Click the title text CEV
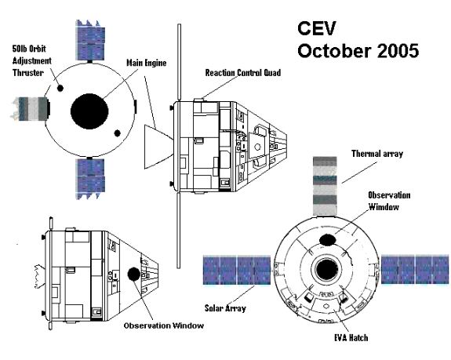(x=316, y=28)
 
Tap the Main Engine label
(x=147, y=63)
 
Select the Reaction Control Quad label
(x=243, y=73)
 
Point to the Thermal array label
(x=377, y=154)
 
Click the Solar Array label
(x=225, y=308)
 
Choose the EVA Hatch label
(x=351, y=337)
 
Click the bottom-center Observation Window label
(x=164, y=325)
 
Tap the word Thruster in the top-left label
(x=28, y=73)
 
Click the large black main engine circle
(x=89, y=111)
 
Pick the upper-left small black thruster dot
(x=60, y=88)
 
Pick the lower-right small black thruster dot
(x=118, y=133)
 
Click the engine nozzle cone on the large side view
(x=158, y=147)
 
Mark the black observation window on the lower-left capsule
(x=134, y=274)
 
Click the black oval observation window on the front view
(x=327, y=240)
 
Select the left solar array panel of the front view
(x=237, y=270)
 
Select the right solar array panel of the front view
(x=415, y=269)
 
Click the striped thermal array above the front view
(x=325, y=186)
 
